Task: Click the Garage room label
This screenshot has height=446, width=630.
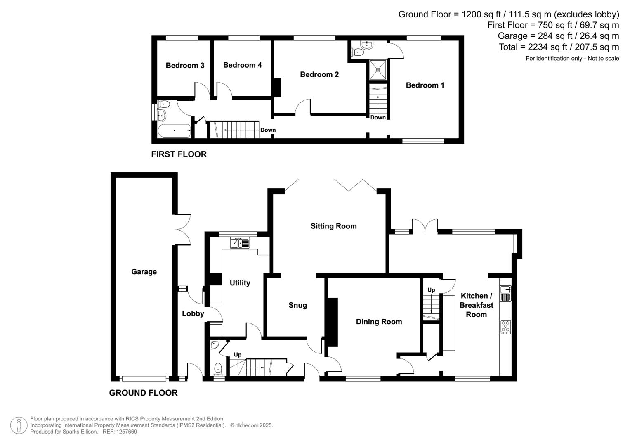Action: pyautogui.click(x=144, y=272)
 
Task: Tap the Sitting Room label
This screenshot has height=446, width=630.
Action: pyautogui.click(x=333, y=226)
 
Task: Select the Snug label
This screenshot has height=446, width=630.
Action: pyautogui.click(x=297, y=305)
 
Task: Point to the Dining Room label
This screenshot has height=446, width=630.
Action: pyautogui.click(x=379, y=322)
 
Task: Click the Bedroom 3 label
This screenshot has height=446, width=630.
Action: pyautogui.click(x=185, y=65)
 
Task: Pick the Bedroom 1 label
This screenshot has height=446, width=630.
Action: pyautogui.click(x=425, y=85)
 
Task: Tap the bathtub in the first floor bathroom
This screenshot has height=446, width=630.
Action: pyautogui.click(x=174, y=131)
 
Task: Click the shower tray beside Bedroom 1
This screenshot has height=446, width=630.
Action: pyautogui.click(x=378, y=70)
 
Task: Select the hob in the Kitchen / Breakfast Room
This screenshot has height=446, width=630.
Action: pyautogui.click(x=505, y=327)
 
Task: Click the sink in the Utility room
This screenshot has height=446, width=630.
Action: pyautogui.click(x=240, y=243)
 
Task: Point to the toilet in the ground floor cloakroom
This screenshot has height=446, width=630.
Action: pyautogui.click(x=218, y=368)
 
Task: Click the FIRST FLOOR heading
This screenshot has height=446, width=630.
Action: pyautogui.click(x=179, y=154)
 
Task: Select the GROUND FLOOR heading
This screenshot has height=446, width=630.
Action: pyautogui.click(x=143, y=393)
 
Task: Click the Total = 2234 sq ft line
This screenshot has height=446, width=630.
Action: pyautogui.click(x=559, y=47)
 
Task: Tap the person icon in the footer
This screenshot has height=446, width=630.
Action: pyautogui.click(x=19, y=425)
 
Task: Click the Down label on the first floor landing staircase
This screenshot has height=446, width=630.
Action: pyautogui.click(x=268, y=130)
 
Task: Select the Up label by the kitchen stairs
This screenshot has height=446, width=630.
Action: pyautogui.click(x=431, y=290)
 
